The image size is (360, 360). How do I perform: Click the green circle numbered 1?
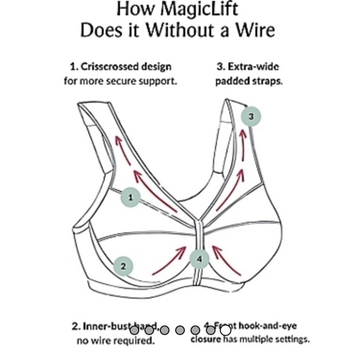130,197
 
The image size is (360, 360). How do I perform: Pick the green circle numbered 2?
123,266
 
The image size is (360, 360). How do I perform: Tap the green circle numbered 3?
251,115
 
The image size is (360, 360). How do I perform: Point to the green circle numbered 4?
199,258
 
